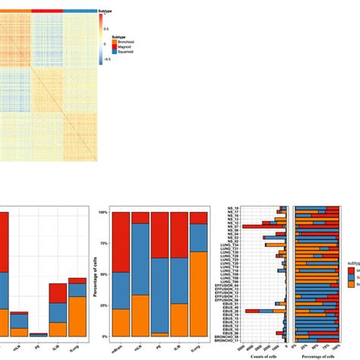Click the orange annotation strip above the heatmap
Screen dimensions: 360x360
(15, 11)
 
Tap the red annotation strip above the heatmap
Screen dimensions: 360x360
(46, 11)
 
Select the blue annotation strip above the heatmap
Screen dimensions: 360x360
(79, 11)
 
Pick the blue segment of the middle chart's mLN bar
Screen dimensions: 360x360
(140, 258)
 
